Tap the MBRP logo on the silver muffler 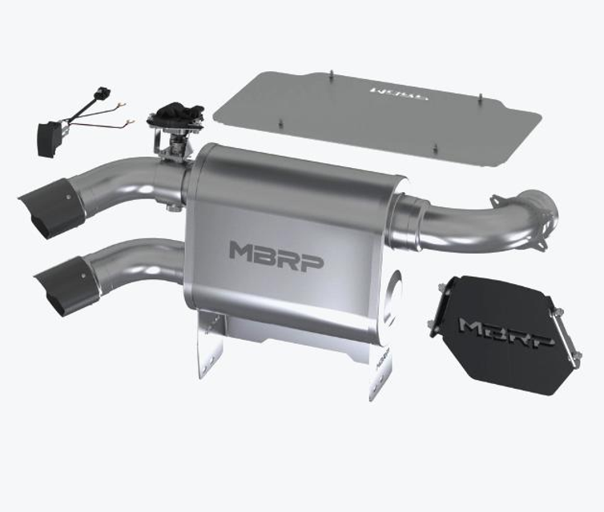click(x=276, y=254)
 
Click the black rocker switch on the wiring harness click(x=49, y=137)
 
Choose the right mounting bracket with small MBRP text click(x=381, y=368)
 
